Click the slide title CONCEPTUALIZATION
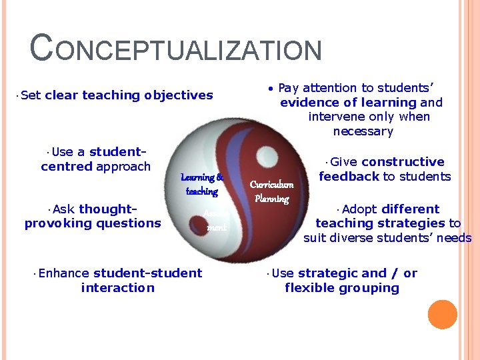(x=176, y=51)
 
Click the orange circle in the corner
(x=442, y=315)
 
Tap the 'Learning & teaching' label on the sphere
(x=201, y=185)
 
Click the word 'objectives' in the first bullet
(x=179, y=95)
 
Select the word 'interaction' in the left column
(x=117, y=288)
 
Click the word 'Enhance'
(x=65, y=273)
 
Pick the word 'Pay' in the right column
(x=288, y=88)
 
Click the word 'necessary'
(x=363, y=131)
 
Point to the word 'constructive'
(x=403, y=162)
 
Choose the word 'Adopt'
(x=359, y=209)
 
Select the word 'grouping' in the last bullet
(x=370, y=288)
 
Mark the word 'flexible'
(x=311, y=288)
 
